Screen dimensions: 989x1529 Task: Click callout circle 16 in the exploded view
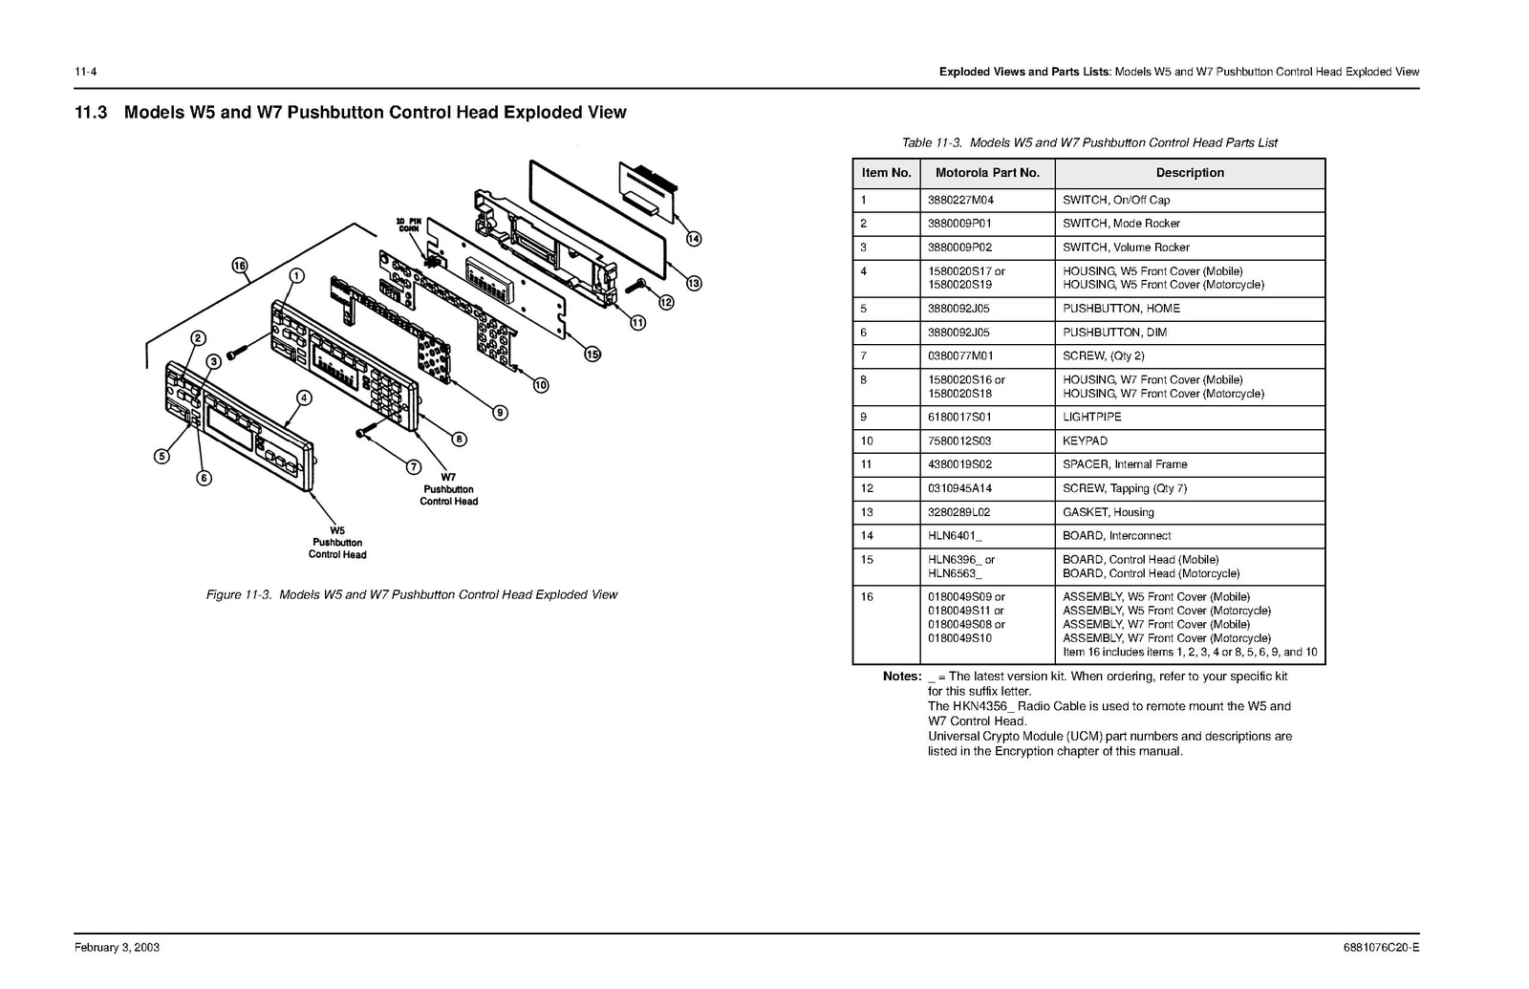(240, 266)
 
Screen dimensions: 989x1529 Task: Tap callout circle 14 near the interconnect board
(694, 239)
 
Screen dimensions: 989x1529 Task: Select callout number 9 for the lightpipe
(500, 413)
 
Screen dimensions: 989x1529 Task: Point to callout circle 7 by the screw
(414, 467)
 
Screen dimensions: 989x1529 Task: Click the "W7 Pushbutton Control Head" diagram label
(448, 489)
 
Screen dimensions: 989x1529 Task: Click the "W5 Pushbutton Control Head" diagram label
(336, 543)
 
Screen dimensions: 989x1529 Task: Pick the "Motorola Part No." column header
(987, 173)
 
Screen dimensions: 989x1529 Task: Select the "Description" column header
(1190, 173)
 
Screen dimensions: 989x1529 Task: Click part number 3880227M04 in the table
(960, 201)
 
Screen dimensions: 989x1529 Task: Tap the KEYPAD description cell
(1086, 441)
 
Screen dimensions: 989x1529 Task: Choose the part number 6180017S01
(959, 418)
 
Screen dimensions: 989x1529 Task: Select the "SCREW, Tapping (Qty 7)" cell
(1125, 488)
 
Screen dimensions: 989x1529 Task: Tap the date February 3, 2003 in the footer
(118, 948)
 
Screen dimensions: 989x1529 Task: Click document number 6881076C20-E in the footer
(1381, 948)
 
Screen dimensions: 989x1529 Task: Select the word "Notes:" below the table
(901, 677)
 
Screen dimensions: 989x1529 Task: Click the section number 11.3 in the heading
(92, 113)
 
